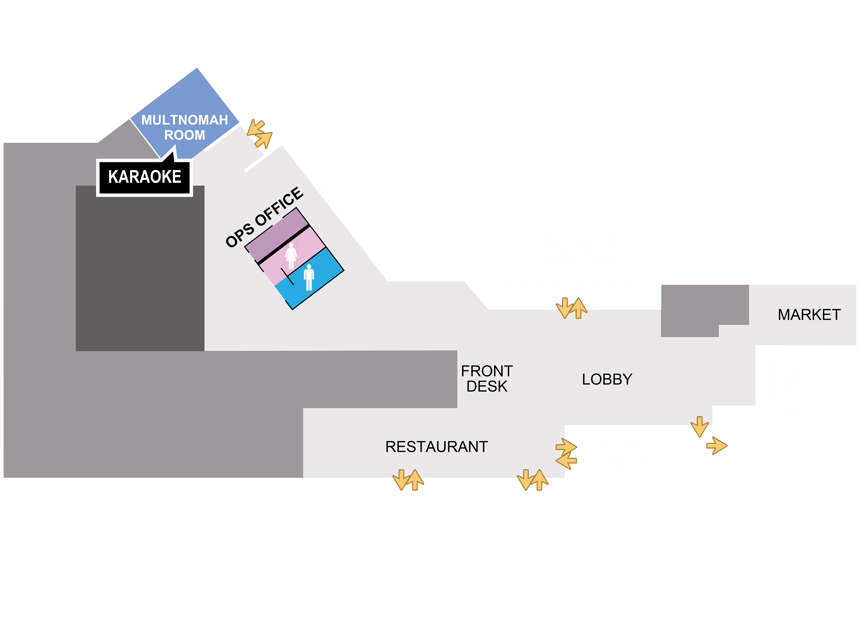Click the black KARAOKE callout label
[x=144, y=177]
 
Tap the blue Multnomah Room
[x=185, y=115]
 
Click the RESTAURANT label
[x=436, y=447]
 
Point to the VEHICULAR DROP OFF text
[x=575, y=251]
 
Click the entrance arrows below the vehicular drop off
[x=571, y=308]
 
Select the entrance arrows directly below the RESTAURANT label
[x=408, y=480]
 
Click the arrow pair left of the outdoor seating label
[x=566, y=454]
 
